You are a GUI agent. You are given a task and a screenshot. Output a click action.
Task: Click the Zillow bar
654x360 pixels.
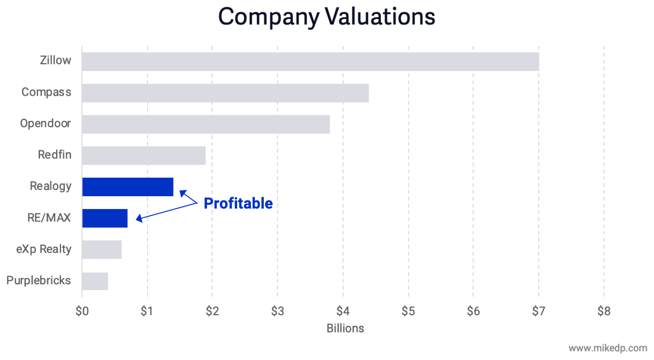[x=310, y=61]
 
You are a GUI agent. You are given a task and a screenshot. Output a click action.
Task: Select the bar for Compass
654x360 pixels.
[x=225, y=93]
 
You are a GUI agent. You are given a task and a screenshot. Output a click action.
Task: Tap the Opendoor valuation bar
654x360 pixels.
[x=206, y=124]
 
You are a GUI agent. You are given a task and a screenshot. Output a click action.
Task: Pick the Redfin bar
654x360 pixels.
[x=144, y=156]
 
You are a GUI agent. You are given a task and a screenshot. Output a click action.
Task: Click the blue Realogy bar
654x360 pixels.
[x=128, y=187]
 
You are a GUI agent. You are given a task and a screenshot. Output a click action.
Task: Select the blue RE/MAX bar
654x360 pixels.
[x=105, y=218]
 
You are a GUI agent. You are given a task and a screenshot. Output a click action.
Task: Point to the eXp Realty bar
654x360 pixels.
[x=102, y=250]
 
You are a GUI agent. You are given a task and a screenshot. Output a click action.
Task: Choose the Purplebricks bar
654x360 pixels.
[x=95, y=281]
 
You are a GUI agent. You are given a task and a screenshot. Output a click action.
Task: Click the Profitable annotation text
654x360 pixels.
[x=238, y=203]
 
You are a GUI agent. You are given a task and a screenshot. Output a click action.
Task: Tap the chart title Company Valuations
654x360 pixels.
[x=327, y=17]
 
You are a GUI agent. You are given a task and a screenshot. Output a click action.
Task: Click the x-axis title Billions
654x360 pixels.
[x=345, y=328]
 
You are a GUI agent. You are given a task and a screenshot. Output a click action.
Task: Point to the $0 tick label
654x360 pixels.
[x=82, y=311]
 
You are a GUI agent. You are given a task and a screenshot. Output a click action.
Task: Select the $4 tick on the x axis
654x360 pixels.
[x=343, y=311]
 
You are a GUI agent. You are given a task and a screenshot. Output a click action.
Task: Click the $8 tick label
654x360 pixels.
[x=604, y=311]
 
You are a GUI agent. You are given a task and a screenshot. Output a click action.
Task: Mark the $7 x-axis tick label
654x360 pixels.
[x=538, y=311]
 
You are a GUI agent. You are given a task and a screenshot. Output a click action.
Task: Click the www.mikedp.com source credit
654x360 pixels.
[x=608, y=348]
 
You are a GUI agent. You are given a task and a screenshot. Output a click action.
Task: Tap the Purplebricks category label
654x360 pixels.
[x=39, y=280]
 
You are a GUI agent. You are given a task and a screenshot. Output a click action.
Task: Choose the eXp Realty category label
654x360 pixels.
[x=43, y=249]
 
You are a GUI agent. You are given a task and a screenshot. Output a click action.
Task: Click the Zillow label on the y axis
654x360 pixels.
[x=56, y=60]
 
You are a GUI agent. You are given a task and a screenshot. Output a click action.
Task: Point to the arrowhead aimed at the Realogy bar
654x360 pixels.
[x=182, y=192]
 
